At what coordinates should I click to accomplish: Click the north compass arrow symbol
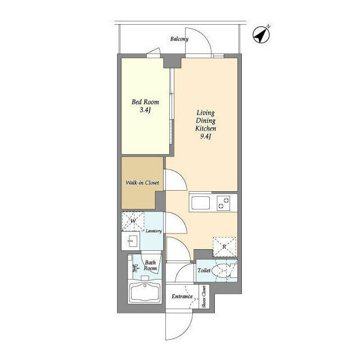click(261, 35)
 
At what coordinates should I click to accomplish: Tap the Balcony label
click(179, 39)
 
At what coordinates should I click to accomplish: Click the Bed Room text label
click(145, 102)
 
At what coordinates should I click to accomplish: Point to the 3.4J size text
click(145, 110)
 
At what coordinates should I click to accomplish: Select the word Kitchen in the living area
click(205, 128)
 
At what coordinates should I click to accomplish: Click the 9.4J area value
click(205, 137)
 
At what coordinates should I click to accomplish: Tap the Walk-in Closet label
click(142, 183)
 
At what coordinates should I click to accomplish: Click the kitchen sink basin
click(200, 202)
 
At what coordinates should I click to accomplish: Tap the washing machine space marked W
click(133, 221)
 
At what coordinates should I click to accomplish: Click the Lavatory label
click(154, 231)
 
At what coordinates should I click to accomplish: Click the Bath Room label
click(150, 265)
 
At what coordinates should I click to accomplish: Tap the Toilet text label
click(204, 271)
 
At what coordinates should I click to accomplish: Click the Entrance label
click(182, 296)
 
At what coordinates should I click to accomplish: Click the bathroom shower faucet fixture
click(135, 268)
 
